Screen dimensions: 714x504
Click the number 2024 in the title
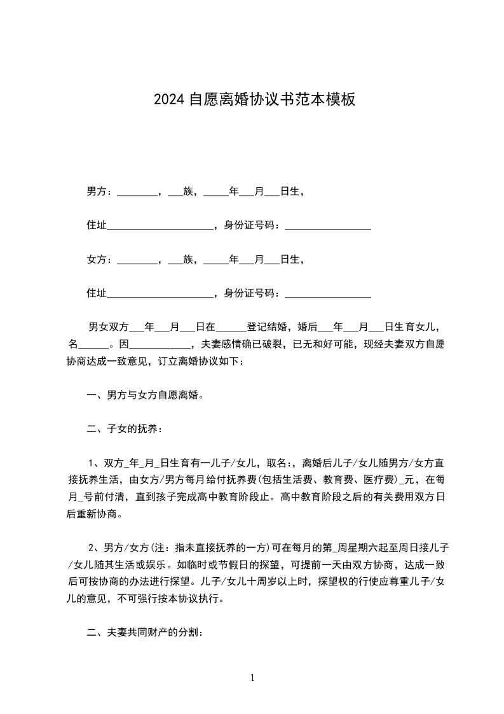coord(169,100)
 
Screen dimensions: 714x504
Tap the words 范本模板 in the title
coord(326,100)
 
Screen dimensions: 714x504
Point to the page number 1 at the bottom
coord(252,678)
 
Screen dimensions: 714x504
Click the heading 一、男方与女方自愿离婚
coord(146,396)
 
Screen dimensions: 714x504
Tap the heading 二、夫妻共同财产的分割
coord(146,634)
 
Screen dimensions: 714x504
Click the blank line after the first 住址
coord(160,225)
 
